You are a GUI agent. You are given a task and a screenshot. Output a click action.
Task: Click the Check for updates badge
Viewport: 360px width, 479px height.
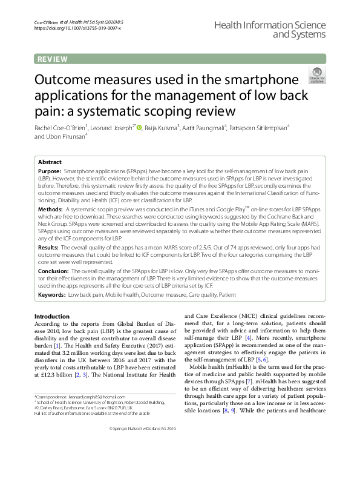[x=316, y=76]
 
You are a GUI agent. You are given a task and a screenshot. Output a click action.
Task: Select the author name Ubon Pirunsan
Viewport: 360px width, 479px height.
[x=67, y=137]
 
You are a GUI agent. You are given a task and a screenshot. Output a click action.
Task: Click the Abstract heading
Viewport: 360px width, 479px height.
[x=50, y=162]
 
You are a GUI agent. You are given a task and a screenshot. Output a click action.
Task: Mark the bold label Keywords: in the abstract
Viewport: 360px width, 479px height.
[x=52, y=294]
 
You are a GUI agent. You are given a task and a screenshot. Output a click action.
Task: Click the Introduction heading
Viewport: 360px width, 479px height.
[x=52, y=317]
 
